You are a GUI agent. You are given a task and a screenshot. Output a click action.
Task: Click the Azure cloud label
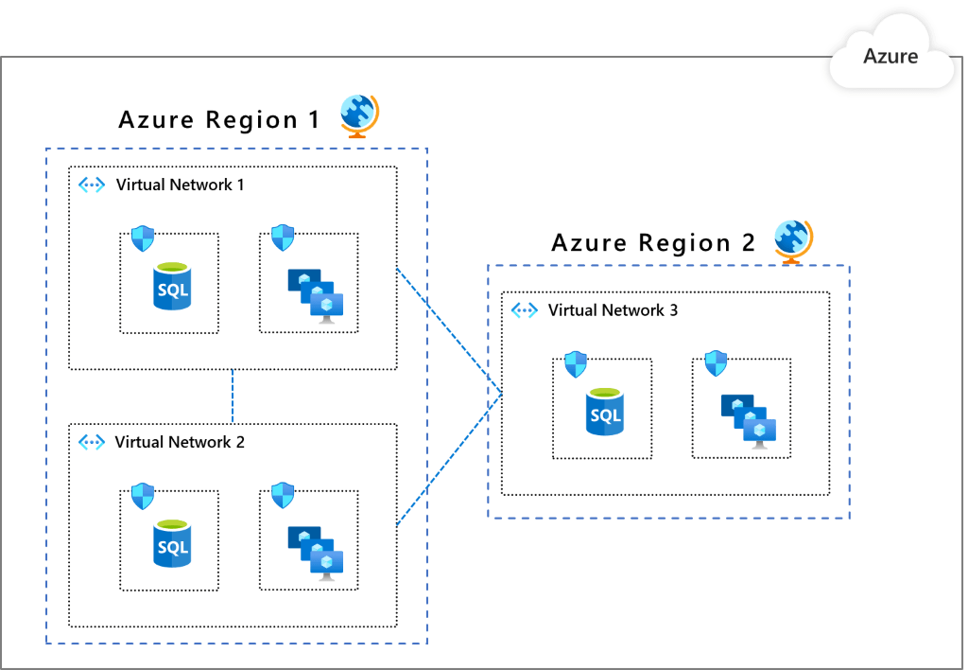click(890, 57)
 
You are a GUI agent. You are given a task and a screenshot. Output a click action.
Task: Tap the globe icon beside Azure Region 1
click(359, 115)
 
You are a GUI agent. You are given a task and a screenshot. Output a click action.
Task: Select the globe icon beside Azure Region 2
click(793, 239)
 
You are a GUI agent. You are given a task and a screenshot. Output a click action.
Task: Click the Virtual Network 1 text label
click(180, 185)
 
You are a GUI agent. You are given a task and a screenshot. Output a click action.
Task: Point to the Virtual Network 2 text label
click(180, 442)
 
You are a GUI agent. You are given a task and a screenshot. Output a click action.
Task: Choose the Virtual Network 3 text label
click(613, 309)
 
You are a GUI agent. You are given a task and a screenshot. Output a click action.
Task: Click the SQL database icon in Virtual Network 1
click(172, 287)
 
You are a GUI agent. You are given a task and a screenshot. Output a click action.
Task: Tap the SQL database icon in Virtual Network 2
click(172, 543)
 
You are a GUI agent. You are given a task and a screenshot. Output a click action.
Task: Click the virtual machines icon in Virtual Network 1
click(316, 294)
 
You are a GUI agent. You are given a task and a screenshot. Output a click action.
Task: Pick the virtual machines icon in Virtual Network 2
click(316, 551)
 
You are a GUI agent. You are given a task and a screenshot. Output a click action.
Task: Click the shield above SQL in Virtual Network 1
click(142, 238)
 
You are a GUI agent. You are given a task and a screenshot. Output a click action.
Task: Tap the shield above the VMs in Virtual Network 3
click(716, 362)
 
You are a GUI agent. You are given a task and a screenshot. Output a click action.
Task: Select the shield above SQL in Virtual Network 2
click(142, 495)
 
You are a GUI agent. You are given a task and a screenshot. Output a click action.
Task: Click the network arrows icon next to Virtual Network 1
click(92, 185)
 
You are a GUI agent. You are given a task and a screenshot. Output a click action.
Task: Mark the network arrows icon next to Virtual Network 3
click(524, 309)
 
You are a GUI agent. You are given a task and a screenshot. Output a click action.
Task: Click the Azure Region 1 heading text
click(219, 120)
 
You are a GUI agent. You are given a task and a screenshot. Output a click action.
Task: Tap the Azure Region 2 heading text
click(653, 243)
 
